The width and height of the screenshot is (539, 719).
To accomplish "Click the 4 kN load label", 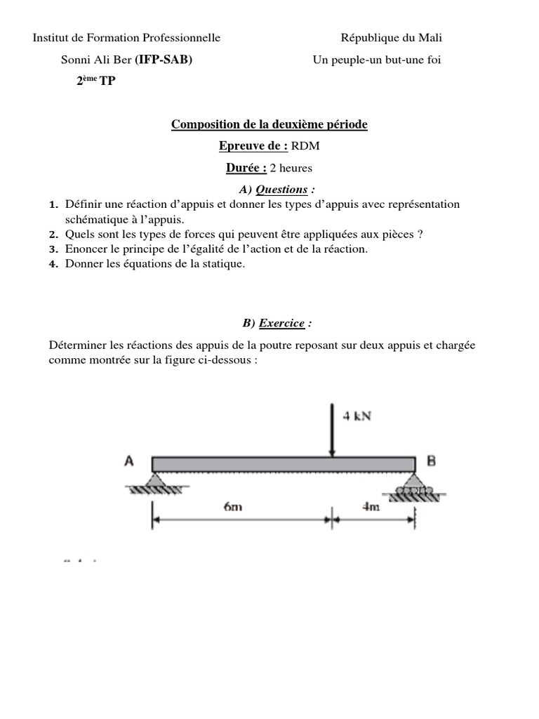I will pyautogui.click(x=357, y=416).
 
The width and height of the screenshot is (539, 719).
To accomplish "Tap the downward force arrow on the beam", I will pyautogui.click(x=331, y=429).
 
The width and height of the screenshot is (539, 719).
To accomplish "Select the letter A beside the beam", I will pyautogui.click(x=129, y=461).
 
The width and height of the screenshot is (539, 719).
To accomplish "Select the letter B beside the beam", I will pyautogui.click(x=432, y=461).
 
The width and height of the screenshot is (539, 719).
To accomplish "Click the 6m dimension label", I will pyautogui.click(x=234, y=508).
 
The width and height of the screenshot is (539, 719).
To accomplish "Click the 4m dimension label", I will pyautogui.click(x=371, y=508).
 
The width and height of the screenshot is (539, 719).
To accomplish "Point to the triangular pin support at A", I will pyautogui.click(x=152, y=480).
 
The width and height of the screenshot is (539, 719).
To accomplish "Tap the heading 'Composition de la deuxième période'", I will pyautogui.click(x=269, y=125).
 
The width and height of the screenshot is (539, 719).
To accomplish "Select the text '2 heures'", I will pyautogui.click(x=291, y=168).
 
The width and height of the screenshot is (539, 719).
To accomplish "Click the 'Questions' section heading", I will pyautogui.click(x=281, y=189).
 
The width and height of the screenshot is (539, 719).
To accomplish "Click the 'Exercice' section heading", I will pyautogui.click(x=281, y=323).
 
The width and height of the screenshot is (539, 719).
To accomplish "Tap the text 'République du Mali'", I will pyautogui.click(x=391, y=38).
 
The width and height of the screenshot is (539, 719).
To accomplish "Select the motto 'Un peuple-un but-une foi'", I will pyautogui.click(x=377, y=60).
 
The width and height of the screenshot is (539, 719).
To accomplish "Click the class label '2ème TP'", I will pyautogui.click(x=96, y=81).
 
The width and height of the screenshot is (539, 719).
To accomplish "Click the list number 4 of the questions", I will pyautogui.click(x=53, y=264).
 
